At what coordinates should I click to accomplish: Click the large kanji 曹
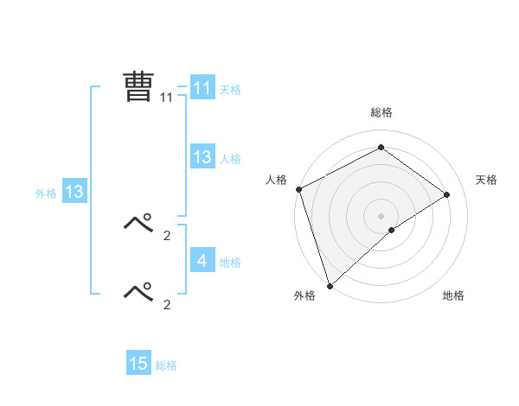point(138,87)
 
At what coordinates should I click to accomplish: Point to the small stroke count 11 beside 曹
point(166,98)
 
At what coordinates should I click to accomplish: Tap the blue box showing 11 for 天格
point(202,88)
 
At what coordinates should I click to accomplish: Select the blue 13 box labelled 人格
point(202,157)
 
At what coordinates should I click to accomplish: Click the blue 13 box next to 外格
point(74,192)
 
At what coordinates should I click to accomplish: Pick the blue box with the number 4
point(202,261)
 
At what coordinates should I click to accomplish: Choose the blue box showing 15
point(138,364)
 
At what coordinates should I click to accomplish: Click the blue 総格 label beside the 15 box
point(166,365)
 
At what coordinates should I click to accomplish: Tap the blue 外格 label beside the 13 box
point(46,193)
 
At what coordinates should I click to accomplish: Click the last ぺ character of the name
point(138,291)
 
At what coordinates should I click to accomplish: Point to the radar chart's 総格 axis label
point(381,112)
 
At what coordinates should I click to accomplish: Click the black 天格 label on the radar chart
point(486,180)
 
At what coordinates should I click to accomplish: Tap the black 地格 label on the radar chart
point(453,295)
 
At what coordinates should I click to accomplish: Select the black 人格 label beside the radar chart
point(276,180)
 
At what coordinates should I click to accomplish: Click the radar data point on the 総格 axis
point(381,148)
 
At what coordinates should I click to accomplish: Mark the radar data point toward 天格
point(446,194)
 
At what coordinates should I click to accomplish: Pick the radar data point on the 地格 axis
point(392,230)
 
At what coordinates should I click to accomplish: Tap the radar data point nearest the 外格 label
point(330,285)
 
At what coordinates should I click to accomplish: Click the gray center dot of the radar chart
point(381,215)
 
